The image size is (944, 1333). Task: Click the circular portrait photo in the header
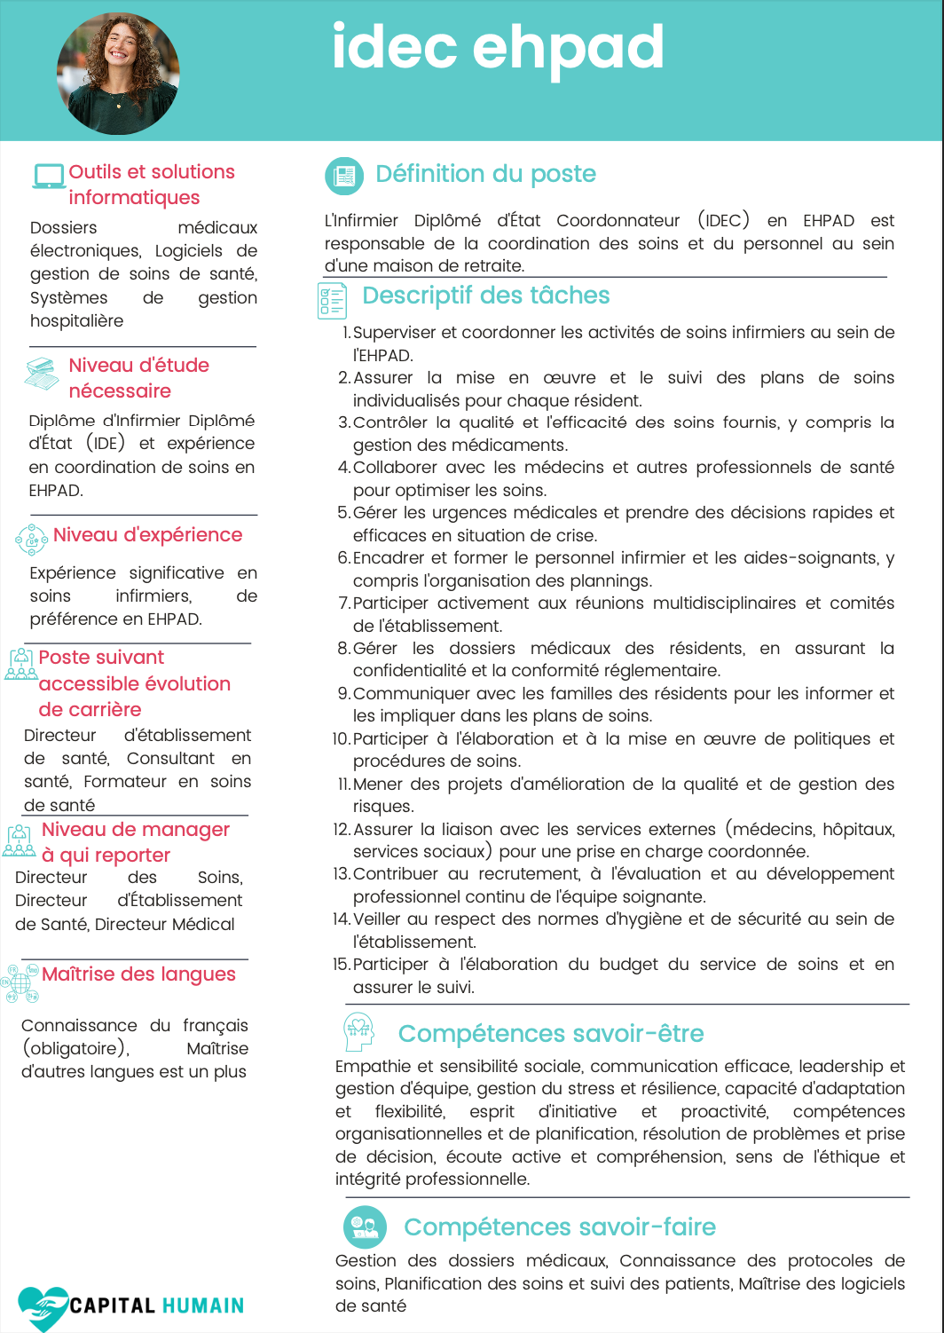[118, 74]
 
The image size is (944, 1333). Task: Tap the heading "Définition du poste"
[485, 174]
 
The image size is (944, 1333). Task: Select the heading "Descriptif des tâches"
[485, 296]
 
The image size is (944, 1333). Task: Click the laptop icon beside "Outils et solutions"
[49, 176]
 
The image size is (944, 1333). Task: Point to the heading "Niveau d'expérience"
[147, 535]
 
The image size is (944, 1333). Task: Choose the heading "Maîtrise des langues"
[138, 974]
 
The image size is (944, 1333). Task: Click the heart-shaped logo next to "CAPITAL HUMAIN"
[42, 1306]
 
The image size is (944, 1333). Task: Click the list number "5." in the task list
[343, 513]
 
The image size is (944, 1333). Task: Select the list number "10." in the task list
[342, 739]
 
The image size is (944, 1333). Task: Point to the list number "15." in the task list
[342, 965]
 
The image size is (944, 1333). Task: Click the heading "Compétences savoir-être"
[550, 1034]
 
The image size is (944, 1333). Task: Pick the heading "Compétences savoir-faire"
[559, 1227]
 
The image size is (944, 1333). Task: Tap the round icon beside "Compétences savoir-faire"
[365, 1227]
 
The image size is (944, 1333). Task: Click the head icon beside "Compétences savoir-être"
[358, 1031]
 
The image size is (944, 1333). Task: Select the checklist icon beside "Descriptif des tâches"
[332, 300]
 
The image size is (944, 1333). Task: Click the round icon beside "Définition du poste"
[344, 176]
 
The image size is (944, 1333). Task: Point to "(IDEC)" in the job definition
[723, 221]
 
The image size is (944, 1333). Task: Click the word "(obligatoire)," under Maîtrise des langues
[75, 1049]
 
